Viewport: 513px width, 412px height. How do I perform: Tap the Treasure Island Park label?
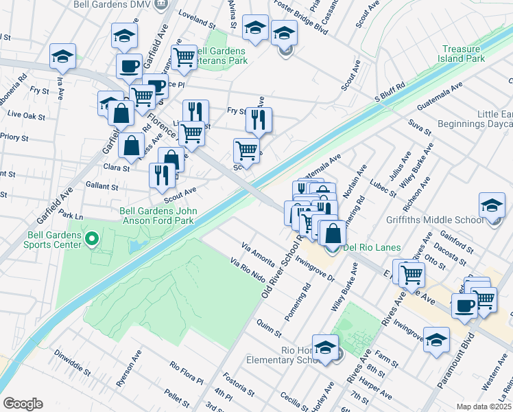point(468,54)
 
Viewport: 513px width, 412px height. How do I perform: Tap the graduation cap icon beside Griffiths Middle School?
point(492,206)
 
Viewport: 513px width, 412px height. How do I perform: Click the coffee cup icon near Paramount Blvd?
point(464,305)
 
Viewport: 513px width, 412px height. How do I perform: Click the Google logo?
point(23,403)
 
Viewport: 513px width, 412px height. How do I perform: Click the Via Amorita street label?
point(258,251)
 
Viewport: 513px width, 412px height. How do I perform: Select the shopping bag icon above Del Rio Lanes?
point(332,232)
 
